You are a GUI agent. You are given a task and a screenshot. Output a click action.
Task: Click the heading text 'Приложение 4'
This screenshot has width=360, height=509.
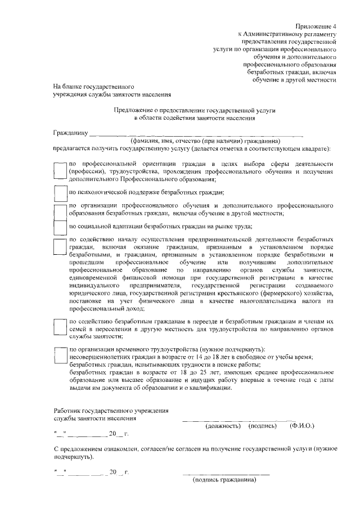(316, 26)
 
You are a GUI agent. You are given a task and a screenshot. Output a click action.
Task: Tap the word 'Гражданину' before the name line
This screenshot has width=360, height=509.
(70, 134)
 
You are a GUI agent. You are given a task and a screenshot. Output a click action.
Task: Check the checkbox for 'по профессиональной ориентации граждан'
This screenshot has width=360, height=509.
(60, 170)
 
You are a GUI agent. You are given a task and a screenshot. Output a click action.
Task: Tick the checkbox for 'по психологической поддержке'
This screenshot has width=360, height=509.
(60, 193)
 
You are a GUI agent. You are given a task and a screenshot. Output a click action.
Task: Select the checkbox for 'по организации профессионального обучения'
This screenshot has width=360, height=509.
(60, 211)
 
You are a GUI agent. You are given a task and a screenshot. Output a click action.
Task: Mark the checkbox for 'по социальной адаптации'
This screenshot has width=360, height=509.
(60, 227)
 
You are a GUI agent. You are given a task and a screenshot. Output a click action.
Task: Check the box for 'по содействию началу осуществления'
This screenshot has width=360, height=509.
(60, 247)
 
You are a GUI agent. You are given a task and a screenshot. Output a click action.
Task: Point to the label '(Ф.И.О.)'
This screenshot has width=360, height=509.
(301, 426)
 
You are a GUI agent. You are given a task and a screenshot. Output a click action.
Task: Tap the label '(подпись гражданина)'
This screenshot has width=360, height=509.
(224, 480)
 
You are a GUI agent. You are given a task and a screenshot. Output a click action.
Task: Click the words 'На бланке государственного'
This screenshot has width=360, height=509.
(93, 87)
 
